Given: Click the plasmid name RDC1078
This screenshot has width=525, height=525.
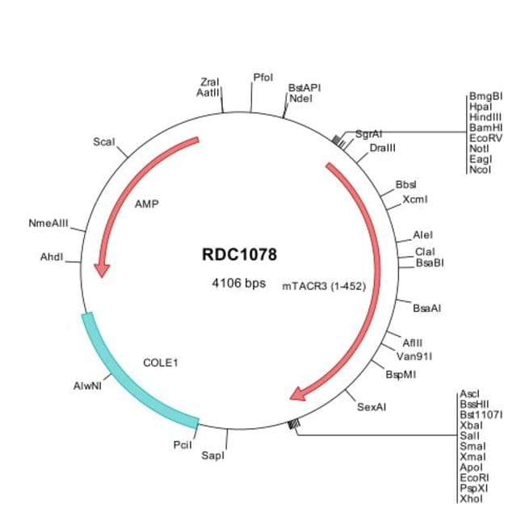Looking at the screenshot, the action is coord(239,254).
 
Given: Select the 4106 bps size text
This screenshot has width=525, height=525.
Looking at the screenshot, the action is coord(239,283).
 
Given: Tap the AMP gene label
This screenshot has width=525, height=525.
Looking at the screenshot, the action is coord(147,204).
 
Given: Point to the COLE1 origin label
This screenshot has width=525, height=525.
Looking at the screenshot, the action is coord(161,363).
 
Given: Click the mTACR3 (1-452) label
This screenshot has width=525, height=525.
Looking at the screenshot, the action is coord(324,286).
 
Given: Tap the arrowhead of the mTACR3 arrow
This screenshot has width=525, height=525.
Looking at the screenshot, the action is coord(297,394).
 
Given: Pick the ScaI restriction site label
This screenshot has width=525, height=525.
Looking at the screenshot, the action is coord(104,142).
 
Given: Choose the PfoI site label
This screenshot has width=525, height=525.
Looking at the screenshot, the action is coord(263,78).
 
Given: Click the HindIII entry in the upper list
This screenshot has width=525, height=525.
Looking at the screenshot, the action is coord(485,117).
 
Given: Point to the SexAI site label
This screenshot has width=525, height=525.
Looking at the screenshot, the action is coord(372,407).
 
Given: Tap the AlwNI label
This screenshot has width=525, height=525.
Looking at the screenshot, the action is coord(87,386).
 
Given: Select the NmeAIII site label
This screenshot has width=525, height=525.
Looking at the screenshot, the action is coord(48,223).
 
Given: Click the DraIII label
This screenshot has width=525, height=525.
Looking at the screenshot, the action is coord(383,148).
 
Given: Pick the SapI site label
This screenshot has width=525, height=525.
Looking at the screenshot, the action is coord(213,456).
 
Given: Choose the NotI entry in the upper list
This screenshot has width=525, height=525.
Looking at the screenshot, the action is coord(479,149).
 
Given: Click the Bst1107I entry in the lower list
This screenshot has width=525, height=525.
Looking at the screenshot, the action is coord(481,415).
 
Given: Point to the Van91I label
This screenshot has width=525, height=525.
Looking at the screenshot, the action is coord(414,356).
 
